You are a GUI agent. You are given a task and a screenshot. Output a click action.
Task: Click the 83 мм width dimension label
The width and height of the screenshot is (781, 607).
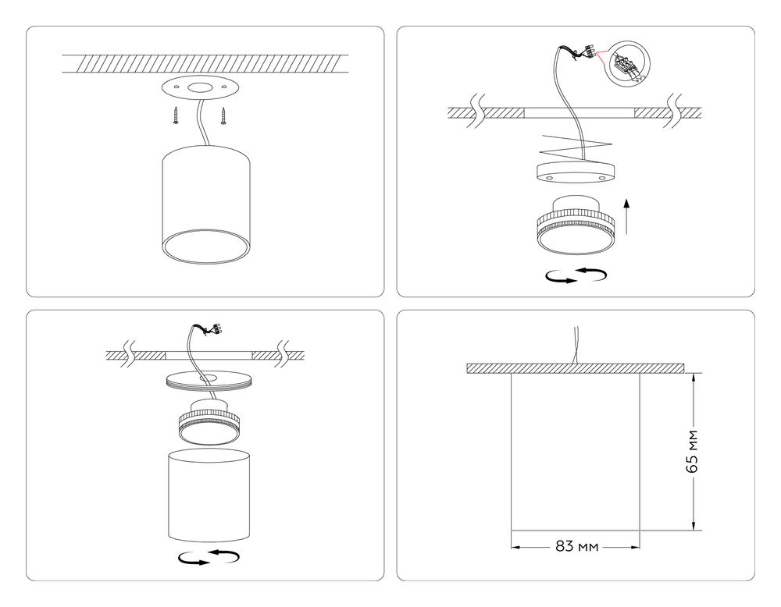576,546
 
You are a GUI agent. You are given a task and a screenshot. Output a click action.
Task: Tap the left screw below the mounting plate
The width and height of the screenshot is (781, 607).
177,115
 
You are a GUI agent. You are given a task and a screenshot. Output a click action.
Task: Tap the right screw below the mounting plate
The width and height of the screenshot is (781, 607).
223,115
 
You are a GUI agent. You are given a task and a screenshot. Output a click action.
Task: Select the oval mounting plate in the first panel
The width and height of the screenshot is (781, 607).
200,88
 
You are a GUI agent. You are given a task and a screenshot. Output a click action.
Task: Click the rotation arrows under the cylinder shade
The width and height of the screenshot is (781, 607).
208,556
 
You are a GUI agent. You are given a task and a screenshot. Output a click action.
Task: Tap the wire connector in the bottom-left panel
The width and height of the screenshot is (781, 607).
209,329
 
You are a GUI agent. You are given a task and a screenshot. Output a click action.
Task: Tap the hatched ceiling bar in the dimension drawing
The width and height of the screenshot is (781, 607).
576,368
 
